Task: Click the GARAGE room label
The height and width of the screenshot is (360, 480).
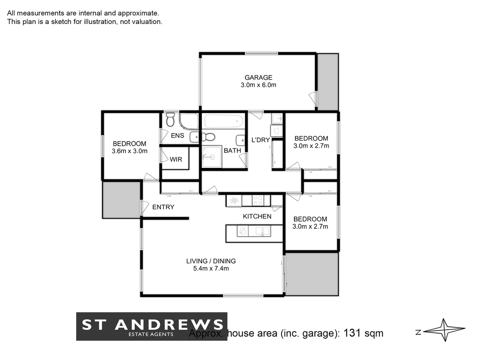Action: tap(258, 78)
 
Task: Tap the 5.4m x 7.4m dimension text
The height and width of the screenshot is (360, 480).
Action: tap(211, 269)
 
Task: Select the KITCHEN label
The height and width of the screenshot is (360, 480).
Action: tap(257, 216)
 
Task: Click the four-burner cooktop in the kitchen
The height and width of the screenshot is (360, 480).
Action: tap(258, 200)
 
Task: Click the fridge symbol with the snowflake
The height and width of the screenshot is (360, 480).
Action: tap(234, 201)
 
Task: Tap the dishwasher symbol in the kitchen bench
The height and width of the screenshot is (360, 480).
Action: tap(242, 231)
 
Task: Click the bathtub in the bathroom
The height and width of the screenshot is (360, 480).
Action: tap(224, 121)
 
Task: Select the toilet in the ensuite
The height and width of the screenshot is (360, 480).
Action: tap(170, 120)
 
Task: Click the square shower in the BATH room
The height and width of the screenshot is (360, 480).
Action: tap(211, 157)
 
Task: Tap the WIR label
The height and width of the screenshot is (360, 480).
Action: tap(176, 159)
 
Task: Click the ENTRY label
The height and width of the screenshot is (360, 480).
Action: tap(163, 207)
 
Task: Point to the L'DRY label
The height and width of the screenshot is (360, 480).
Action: tap(260, 140)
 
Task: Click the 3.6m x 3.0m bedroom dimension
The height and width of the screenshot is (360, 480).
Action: tap(129, 151)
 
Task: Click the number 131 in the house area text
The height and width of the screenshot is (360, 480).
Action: tap(352, 333)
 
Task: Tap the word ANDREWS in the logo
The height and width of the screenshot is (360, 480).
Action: tap(169, 324)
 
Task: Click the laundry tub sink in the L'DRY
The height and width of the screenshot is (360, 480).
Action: tap(277, 118)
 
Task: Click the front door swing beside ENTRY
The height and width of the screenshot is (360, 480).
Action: tap(145, 208)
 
